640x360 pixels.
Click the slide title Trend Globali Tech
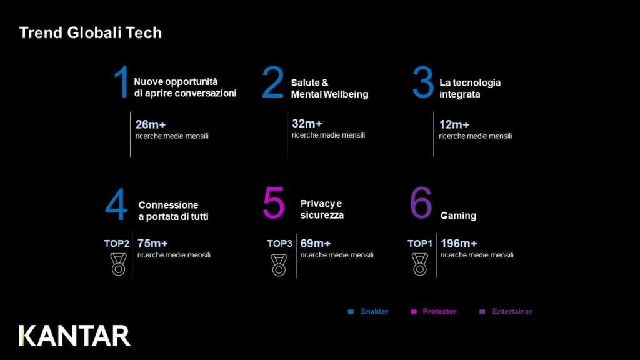90,33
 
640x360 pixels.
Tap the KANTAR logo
75,336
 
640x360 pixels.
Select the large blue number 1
122,82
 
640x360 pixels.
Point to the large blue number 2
272,82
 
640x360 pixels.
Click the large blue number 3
423,82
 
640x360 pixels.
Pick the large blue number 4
116,204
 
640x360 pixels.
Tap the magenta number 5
274,202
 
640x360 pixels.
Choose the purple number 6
421,202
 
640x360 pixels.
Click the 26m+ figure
151,124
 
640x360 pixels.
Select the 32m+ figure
307,123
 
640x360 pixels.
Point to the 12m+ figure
454,124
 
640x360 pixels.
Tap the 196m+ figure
459,244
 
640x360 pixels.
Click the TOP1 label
419,244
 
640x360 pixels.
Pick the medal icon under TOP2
118,264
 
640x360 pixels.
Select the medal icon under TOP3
279,265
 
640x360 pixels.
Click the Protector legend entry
434,311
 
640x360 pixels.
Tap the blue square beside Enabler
351,312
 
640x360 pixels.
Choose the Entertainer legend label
512,311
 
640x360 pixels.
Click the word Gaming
458,216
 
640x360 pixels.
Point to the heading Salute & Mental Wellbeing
329,88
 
